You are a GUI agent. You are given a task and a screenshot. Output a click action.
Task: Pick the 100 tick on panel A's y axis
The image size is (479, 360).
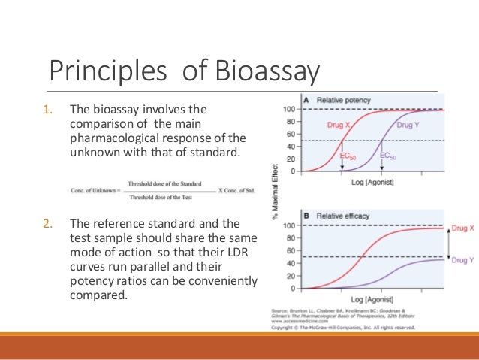[288, 110]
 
